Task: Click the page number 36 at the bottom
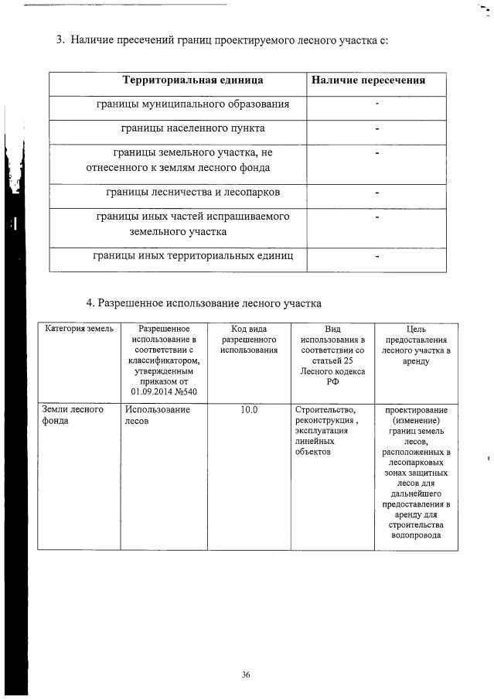[245, 674]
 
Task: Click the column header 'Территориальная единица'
[192, 80]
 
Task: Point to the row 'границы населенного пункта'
[193, 128]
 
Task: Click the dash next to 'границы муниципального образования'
[376, 104]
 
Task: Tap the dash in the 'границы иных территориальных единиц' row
[376, 257]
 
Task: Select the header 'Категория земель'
[79, 330]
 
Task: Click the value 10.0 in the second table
[249, 409]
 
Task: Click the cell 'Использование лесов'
[158, 415]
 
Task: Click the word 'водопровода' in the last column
[416, 534]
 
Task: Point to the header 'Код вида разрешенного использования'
[249, 340]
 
